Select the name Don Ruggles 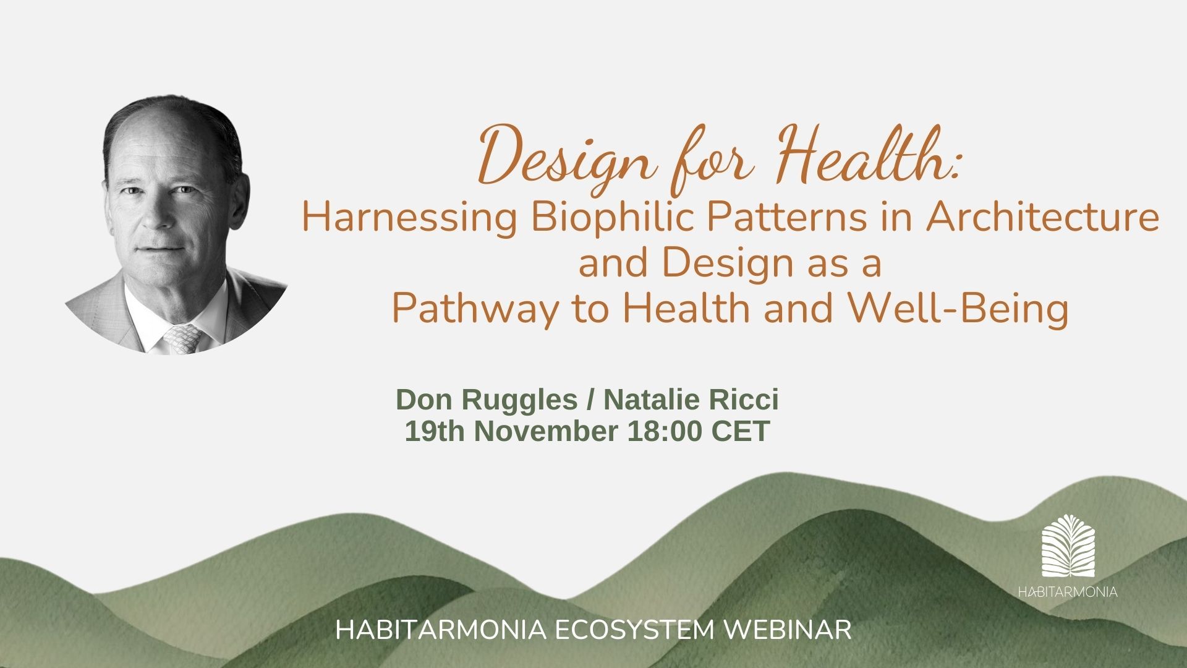coord(487,400)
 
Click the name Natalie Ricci coord(691,400)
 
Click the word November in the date coord(546,431)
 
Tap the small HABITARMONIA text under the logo coord(1068,592)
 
